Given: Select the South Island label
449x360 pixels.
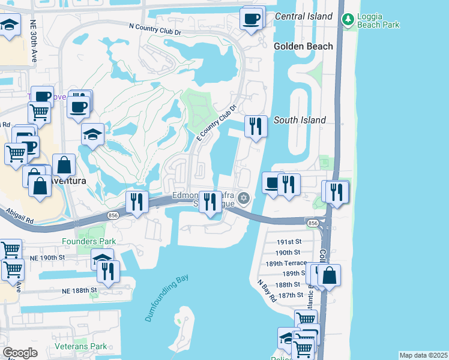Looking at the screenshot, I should coord(300,120).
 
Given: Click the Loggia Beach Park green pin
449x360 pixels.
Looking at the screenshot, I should coord(347,19).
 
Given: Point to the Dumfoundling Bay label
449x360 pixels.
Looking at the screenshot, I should coord(167,298).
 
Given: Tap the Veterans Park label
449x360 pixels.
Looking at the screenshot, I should coord(80,346).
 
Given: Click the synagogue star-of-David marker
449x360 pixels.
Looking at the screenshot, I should coord(243,198).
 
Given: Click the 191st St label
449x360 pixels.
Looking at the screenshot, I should coord(289,242).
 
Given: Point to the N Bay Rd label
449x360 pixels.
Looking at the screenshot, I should coord(267,291).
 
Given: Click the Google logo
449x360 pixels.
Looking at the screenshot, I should coord(20,353).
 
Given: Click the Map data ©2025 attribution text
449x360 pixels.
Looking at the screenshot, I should coord(423,355).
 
